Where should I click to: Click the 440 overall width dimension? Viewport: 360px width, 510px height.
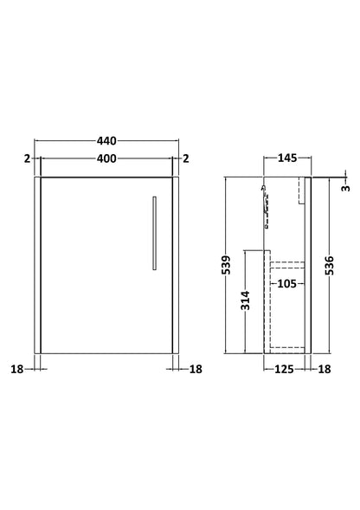(x=106, y=140)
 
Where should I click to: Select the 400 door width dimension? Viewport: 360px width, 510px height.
(x=106, y=158)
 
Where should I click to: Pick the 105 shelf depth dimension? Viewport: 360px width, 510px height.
(x=287, y=282)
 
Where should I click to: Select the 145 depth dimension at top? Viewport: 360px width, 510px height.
(x=287, y=158)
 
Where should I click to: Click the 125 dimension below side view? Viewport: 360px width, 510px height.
(x=281, y=370)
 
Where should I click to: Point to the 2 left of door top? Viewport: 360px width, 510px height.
(x=27, y=158)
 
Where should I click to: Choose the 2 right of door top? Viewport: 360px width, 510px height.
(x=186, y=158)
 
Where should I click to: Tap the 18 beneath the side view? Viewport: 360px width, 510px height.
(x=323, y=370)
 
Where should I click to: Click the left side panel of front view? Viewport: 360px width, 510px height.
(x=37, y=264)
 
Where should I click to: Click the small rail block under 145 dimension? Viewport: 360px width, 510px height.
(x=303, y=190)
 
